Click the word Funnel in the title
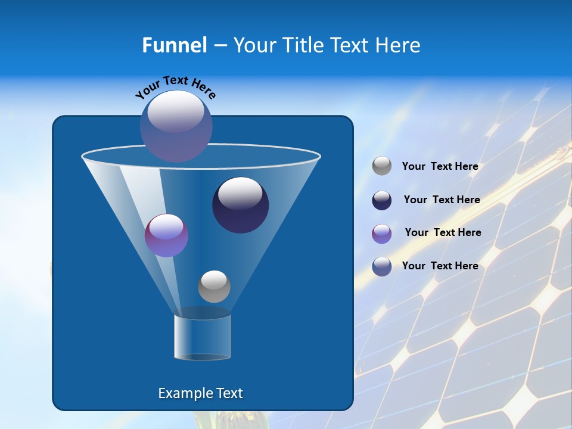pos(174,45)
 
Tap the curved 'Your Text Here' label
pos(176,86)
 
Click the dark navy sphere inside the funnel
pos(240,205)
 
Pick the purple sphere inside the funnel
pos(166,235)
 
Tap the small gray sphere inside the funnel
pos(214,286)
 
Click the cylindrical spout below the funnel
pos(203,337)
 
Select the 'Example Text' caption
pos(200,393)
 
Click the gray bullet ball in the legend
pos(382,166)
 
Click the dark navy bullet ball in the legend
pos(382,200)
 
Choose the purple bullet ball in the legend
pos(382,234)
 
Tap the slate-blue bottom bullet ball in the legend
pos(382,266)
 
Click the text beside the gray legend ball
pos(440,167)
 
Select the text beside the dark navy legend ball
pos(442,200)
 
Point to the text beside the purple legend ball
pos(443,233)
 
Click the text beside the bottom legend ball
pos(440,266)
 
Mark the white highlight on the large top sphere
pos(176,111)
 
